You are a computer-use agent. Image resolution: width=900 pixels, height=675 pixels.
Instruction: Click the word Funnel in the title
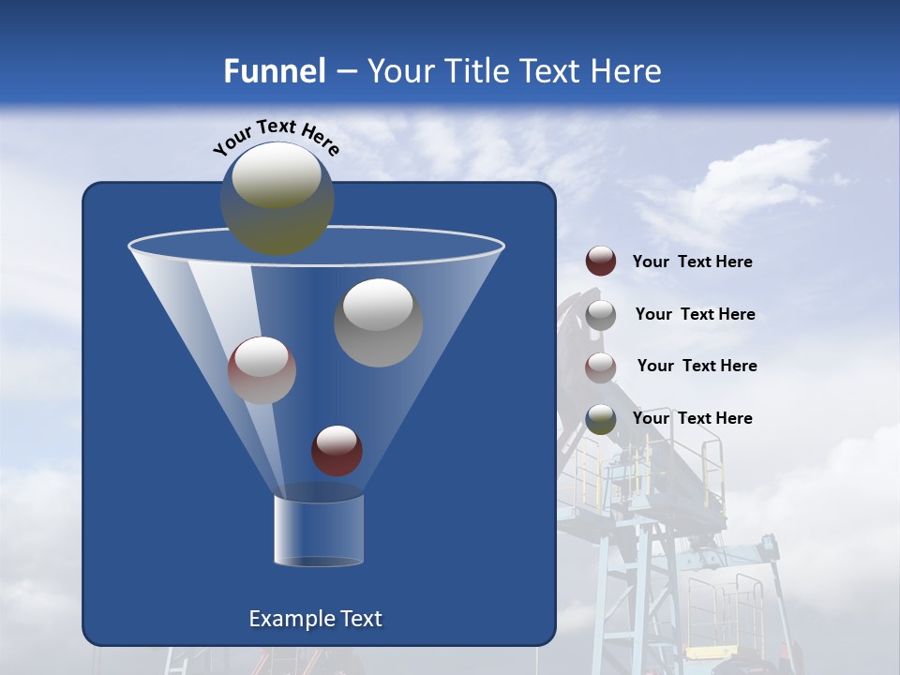pyautogui.click(x=274, y=71)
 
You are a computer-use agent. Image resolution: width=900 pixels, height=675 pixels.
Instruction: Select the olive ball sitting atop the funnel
pyautogui.click(x=277, y=198)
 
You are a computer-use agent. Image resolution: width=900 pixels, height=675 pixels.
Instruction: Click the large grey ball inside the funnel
pyautogui.click(x=378, y=322)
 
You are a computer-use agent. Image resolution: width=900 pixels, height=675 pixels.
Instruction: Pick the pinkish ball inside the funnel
pyautogui.click(x=262, y=370)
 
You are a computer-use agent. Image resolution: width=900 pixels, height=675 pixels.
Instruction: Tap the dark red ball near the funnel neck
pyautogui.click(x=337, y=450)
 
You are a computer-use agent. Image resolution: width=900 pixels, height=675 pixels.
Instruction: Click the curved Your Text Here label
pyautogui.click(x=277, y=137)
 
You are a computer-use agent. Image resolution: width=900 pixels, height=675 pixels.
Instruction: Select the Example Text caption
pyautogui.click(x=316, y=619)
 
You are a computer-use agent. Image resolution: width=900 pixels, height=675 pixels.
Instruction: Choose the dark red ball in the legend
pyautogui.click(x=601, y=262)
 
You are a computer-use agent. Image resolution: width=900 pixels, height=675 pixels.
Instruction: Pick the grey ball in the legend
pyautogui.click(x=601, y=314)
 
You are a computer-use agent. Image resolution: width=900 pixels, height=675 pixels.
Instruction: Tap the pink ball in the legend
pyautogui.click(x=601, y=367)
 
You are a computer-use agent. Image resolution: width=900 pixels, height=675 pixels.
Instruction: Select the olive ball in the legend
pyautogui.click(x=601, y=418)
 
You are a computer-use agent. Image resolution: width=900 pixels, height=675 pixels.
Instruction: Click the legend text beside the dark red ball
pyautogui.click(x=693, y=262)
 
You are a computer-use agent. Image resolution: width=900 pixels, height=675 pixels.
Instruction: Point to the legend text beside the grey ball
pyautogui.click(x=696, y=314)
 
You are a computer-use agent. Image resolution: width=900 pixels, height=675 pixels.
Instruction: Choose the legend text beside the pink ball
pyautogui.click(x=697, y=366)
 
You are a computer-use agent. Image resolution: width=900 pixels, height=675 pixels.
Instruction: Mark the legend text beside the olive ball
pyautogui.click(x=693, y=418)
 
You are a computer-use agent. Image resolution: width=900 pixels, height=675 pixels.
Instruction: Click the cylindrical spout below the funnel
pyautogui.click(x=318, y=530)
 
